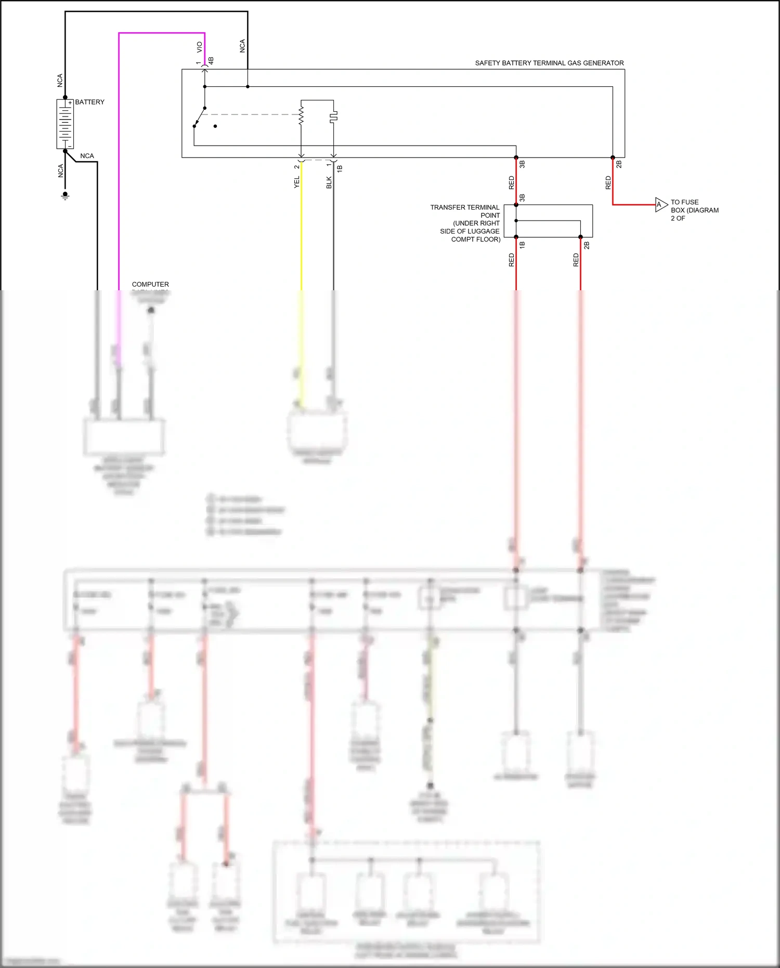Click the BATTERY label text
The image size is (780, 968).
[89, 102]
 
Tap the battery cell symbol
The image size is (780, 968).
[65, 124]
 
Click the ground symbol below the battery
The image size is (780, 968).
[65, 196]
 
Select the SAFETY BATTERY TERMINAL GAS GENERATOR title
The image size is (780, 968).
[549, 63]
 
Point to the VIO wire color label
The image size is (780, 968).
[199, 47]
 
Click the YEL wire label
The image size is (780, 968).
[297, 182]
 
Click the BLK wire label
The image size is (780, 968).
[329, 182]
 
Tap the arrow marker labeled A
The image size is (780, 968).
[660, 204]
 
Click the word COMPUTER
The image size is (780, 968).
[150, 285]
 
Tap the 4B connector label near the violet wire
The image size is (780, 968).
[211, 61]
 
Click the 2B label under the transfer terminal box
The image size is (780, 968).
[587, 245]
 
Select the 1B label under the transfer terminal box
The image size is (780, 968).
[522, 245]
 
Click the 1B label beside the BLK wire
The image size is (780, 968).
[340, 169]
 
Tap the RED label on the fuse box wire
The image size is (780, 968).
[608, 182]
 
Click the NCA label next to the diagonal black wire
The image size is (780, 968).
[87, 156]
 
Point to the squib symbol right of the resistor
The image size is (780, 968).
[333, 116]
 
